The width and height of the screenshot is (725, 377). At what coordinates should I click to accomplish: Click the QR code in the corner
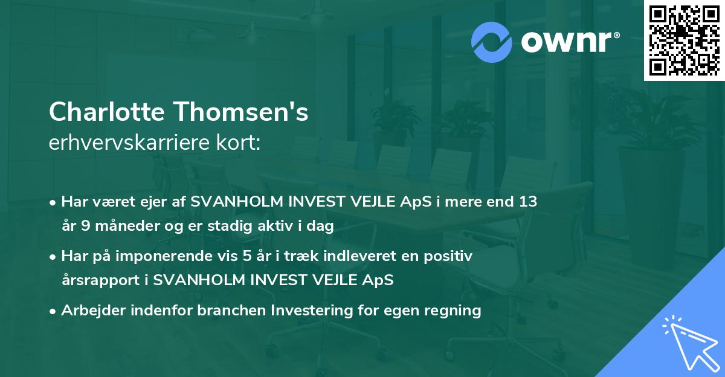pyautogui.click(x=684, y=40)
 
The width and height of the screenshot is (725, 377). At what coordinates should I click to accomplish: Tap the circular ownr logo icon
pyautogui.click(x=491, y=42)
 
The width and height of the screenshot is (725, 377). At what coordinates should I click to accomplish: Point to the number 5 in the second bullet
pyautogui.click(x=246, y=256)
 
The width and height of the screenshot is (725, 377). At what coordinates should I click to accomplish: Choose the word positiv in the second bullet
pyautogui.click(x=450, y=256)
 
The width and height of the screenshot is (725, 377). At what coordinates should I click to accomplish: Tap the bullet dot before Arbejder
pyautogui.click(x=53, y=311)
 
